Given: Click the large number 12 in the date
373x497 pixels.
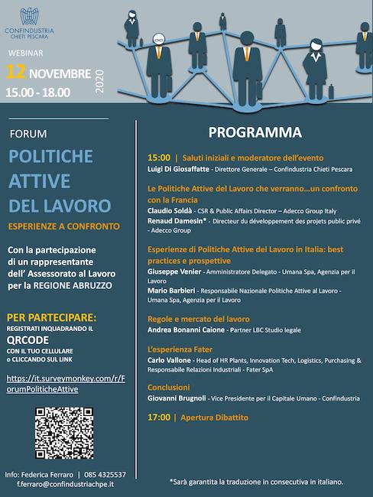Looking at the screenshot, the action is coord(17,74).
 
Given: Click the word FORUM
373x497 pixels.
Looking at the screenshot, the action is coord(28,134).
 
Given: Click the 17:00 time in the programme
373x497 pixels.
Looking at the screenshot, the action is coord(160,417).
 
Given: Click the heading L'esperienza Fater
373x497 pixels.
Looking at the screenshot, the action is coord(180,348).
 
